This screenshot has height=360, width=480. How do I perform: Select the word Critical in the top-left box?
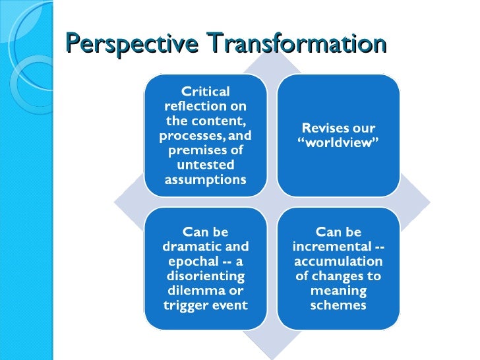pos(206,92)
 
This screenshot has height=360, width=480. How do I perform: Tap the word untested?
pos(206,165)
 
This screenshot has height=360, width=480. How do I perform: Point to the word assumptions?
pos(206,179)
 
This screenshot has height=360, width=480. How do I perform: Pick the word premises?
pos(195,150)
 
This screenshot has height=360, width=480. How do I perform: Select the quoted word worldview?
pos(338,143)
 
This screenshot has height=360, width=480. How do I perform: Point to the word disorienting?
pos(206,276)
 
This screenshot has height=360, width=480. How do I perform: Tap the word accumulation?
pos(338,261)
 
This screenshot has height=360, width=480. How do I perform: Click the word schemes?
pos(338,305)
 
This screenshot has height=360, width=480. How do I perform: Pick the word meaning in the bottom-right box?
pos(338,290)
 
